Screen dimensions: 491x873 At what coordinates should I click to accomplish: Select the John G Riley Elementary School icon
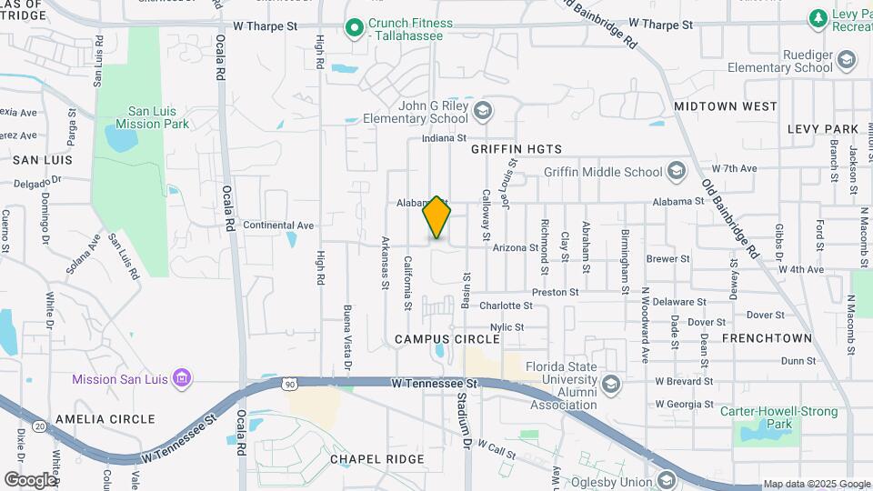point(482,111)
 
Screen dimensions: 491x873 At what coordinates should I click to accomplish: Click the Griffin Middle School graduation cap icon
point(676,171)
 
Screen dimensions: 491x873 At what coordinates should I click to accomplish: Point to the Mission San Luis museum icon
point(181,377)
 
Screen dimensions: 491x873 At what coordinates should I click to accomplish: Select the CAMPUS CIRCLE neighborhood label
point(447,339)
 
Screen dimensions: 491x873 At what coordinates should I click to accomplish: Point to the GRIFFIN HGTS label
point(517,149)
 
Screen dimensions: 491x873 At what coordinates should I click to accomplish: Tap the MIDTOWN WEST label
point(726,106)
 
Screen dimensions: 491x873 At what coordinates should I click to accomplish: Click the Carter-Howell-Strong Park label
point(779,417)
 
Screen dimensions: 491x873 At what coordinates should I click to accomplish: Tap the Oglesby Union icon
point(667,480)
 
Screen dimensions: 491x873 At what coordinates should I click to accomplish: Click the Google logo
point(30,479)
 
